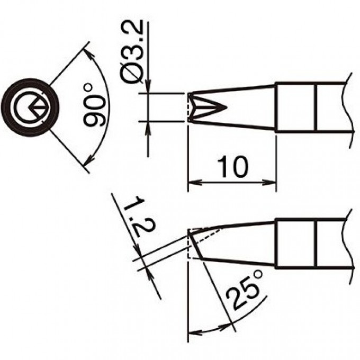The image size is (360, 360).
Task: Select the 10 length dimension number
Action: [x=232, y=167]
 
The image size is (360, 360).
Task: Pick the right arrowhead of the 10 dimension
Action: [x=269, y=183]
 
